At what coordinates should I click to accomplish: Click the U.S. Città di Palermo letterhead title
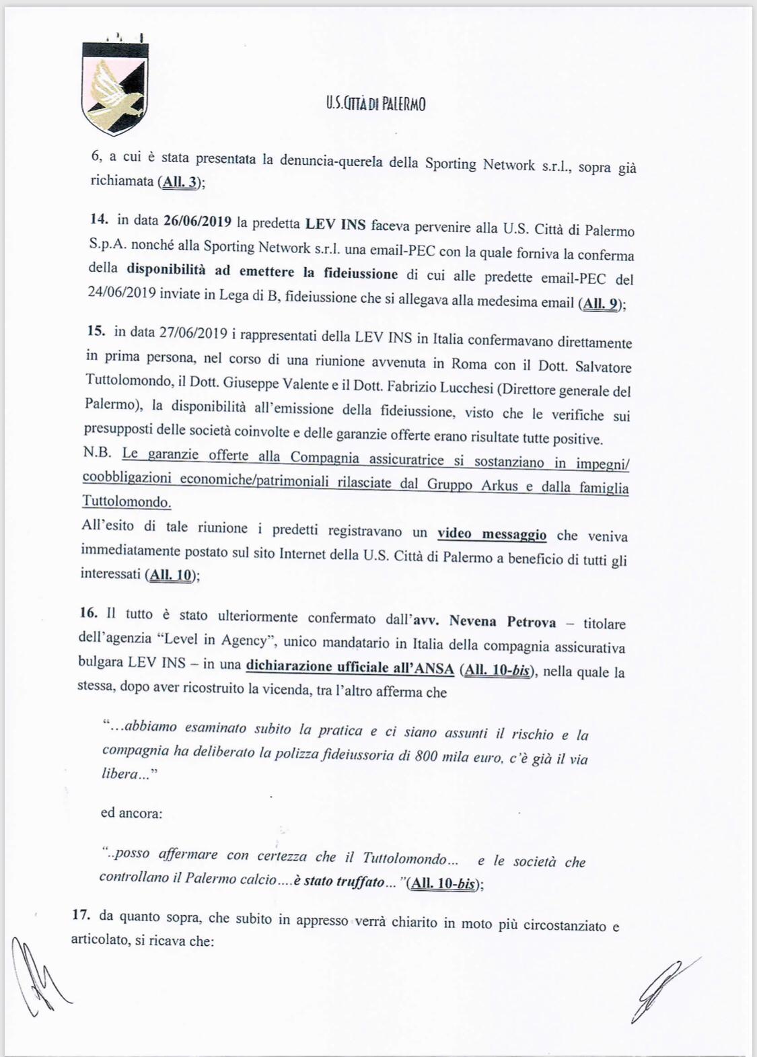[x=375, y=104]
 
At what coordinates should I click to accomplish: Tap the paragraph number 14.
[x=100, y=219]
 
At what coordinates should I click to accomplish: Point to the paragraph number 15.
[x=98, y=332]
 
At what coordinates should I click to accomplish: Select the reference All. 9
[x=601, y=303]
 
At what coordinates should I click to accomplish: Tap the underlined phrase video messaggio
[x=492, y=534]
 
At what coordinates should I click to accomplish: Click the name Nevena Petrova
[x=503, y=622]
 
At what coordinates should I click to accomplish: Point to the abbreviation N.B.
[x=98, y=453]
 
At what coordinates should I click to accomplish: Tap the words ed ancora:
[x=131, y=813]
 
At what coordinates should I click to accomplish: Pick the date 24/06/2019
[x=124, y=294]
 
